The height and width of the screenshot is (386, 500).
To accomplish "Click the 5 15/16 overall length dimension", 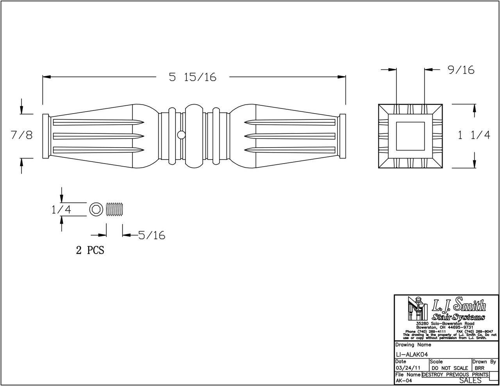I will (193, 77).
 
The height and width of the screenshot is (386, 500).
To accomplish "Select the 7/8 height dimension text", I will (21, 135).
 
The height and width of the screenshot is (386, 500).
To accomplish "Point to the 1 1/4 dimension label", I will (473, 135).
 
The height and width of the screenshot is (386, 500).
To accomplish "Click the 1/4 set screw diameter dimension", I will (61, 210).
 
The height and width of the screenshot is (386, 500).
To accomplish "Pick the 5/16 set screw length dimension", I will (152, 235).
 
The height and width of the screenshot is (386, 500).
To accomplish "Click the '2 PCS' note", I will (90, 250).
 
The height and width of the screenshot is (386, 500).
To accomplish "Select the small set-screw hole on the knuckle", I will (181, 135).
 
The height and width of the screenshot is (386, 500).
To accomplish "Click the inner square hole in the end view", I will (410, 136).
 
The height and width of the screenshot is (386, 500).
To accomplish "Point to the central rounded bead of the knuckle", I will (194, 135).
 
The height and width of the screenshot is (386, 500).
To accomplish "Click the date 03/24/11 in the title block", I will (408, 368).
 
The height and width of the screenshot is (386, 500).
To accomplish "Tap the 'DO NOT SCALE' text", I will (450, 368).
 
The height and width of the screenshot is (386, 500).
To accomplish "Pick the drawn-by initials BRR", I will (480, 368).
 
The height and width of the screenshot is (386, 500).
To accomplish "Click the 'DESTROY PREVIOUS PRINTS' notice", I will (455, 375).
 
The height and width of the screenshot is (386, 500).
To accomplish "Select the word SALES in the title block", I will (470, 381).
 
